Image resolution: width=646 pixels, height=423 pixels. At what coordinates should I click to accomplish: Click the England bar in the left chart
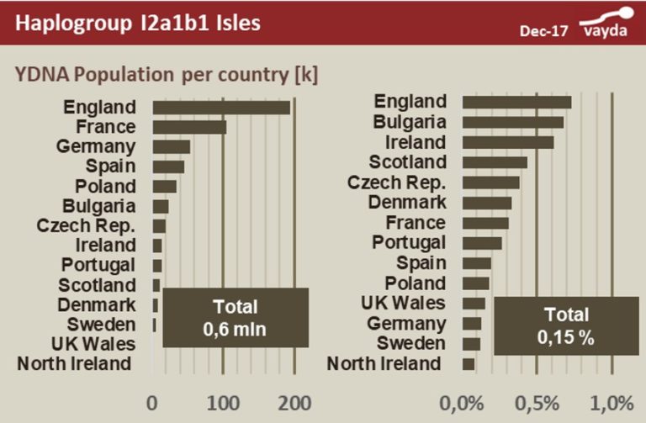pyautogui.click(x=221, y=108)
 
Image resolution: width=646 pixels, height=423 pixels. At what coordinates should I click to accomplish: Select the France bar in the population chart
pyautogui.click(x=189, y=127)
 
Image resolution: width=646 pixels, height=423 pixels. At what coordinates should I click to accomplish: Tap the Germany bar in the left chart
pyautogui.click(x=172, y=147)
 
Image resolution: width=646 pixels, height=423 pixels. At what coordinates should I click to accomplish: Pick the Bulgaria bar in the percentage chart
pyautogui.click(x=513, y=122)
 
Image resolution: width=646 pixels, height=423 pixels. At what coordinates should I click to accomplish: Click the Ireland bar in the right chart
pyautogui.click(x=508, y=142)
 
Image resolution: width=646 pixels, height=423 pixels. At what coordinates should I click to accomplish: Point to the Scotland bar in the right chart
pyautogui.click(x=495, y=162)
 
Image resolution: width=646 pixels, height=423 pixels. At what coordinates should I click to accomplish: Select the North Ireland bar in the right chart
pyautogui.click(x=469, y=364)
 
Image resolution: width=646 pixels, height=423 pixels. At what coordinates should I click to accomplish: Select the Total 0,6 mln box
pyautogui.click(x=235, y=317)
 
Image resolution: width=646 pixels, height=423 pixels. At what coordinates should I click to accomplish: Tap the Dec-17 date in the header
pyautogui.click(x=543, y=31)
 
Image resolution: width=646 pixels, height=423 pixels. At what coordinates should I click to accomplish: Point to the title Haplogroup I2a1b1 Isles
pyautogui.click(x=137, y=23)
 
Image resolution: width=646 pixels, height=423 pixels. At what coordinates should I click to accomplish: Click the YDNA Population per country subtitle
pyautogui.click(x=167, y=73)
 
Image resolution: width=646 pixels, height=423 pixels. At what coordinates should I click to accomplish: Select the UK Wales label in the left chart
pyautogui.click(x=93, y=344)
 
